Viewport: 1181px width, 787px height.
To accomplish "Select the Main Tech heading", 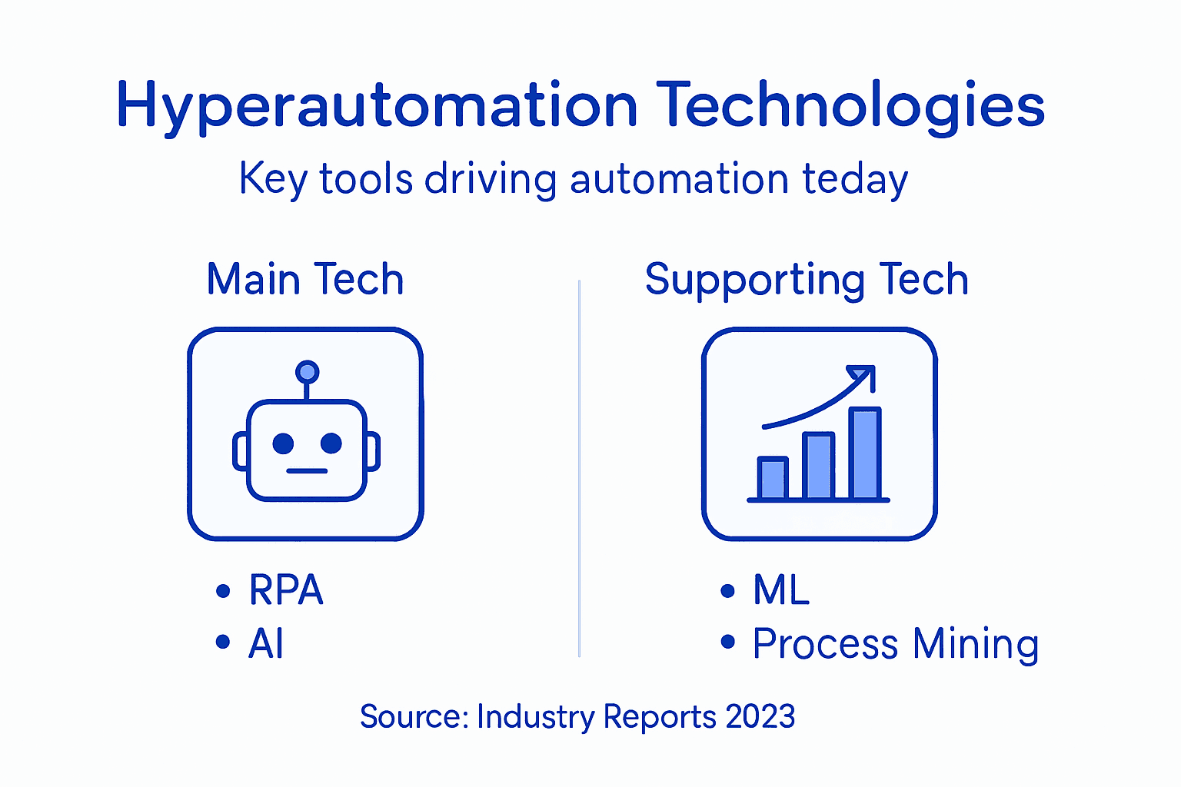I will [305, 279].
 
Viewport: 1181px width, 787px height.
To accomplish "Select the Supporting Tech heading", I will [807, 279].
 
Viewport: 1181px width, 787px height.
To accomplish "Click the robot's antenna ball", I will [307, 372].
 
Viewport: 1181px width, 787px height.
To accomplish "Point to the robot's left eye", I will [283, 443].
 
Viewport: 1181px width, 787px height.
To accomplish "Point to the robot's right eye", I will [331, 443].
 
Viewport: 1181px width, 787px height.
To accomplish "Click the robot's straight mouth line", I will [307, 470].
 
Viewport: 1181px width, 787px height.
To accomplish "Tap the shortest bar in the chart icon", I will [773, 478].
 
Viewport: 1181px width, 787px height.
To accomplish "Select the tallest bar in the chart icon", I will [865, 453].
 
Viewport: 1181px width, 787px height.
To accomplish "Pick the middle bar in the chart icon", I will [819, 466].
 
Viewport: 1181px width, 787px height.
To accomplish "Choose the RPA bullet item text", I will [286, 590].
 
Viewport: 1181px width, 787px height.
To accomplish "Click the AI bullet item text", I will [266, 643].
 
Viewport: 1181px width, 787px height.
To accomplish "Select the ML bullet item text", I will [781, 590].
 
